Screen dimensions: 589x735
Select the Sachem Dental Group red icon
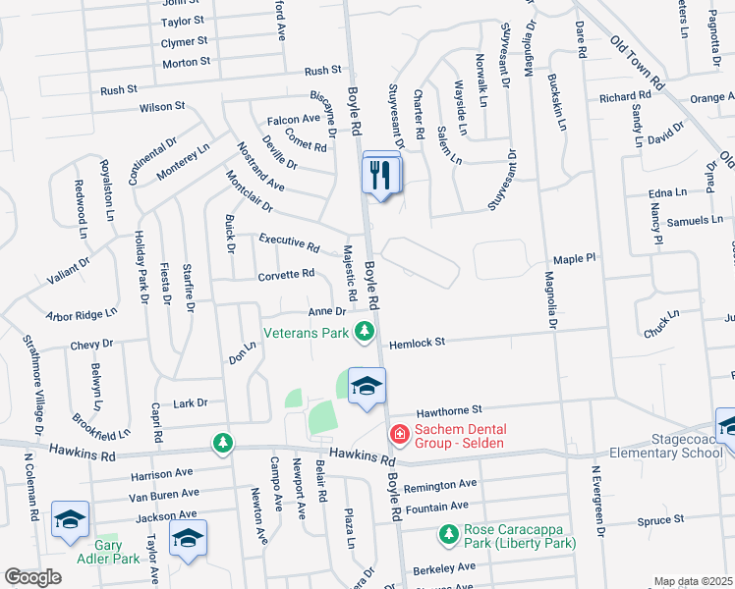click(x=399, y=433)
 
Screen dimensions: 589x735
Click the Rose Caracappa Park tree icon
click(x=449, y=534)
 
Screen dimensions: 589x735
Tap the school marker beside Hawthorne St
click(x=366, y=387)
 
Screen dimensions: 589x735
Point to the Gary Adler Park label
click(x=109, y=552)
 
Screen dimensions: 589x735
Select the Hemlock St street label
click(x=417, y=343)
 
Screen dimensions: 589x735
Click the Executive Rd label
click(x=289, y=241)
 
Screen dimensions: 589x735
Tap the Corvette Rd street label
click(x=286, y=274)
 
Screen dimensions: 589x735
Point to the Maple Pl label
click(x=575, y=258)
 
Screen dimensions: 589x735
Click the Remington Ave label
click(x=440, y=485)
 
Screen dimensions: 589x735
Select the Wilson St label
click(x=162, y=106)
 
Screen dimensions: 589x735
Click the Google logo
click(x=32, y=577)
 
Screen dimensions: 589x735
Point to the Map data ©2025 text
click(x=694, y=581)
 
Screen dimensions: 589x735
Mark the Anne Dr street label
click(x=326, y=311)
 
